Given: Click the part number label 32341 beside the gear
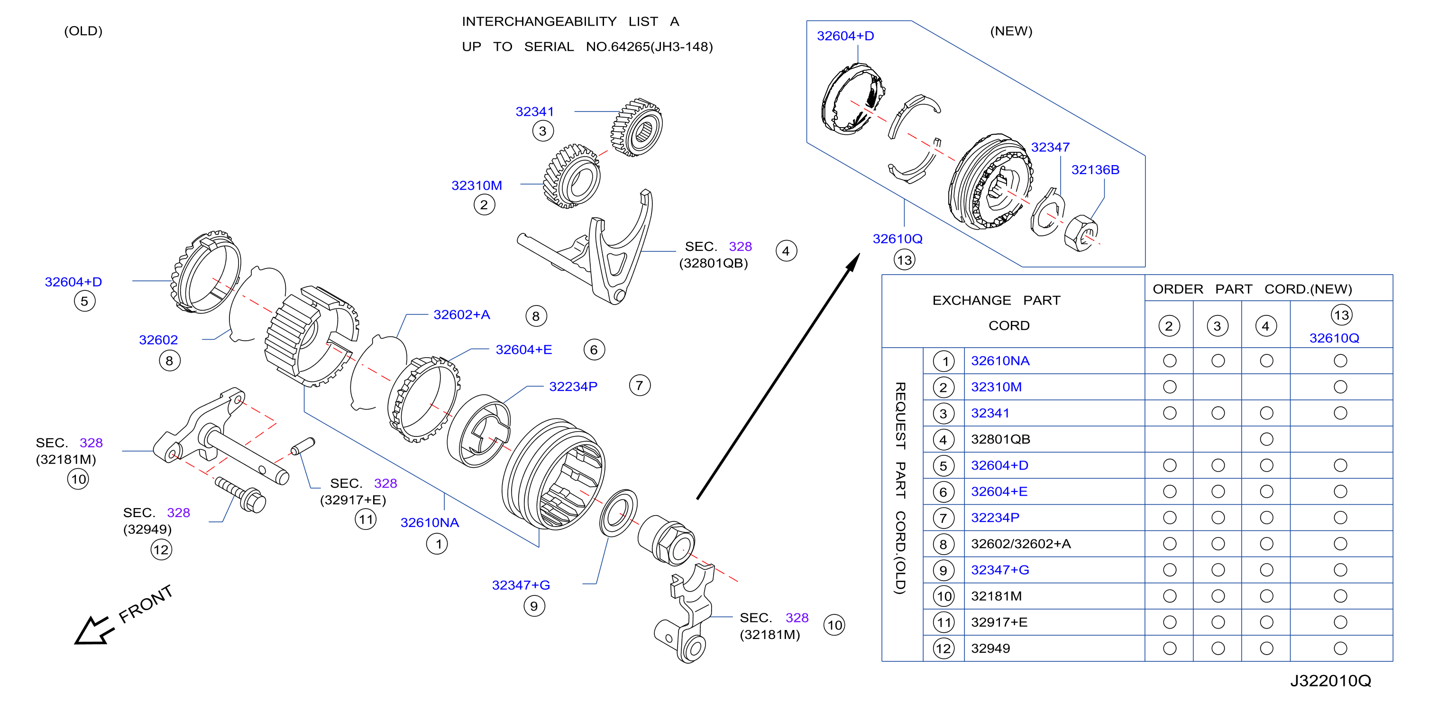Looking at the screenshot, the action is [534, 111].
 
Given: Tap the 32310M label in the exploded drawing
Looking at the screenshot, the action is [476, 185].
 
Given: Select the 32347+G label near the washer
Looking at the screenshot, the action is [521, 585].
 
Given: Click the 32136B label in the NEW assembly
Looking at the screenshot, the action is [1095, 170].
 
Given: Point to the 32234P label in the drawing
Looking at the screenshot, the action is [573, 387].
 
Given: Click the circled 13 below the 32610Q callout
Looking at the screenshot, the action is [904, 260].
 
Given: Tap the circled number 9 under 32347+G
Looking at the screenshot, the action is [534, 606].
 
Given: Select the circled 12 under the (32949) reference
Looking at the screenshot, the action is [161, 550].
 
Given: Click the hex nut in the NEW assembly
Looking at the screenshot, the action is [1081, 233].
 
